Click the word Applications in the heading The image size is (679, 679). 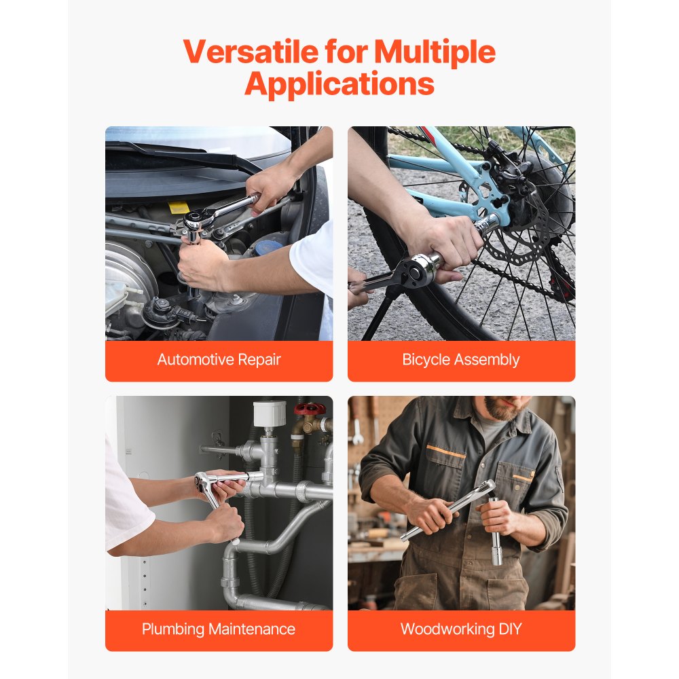tap(339, 84)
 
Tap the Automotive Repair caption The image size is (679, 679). tap(219, 360)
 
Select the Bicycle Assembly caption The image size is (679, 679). tap(461, 360)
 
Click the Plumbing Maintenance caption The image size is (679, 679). tap(219, 629)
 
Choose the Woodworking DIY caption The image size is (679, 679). tap(461, 629)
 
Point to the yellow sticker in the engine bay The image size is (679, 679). tap(178, 208)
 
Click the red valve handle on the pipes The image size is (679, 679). tap(310, 409)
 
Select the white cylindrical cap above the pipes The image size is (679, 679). tap(270, 413)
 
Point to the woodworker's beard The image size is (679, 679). tap(501, 409)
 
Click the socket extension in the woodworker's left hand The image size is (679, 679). tap(496, 536)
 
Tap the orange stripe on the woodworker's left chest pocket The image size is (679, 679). tap(522, 478)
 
